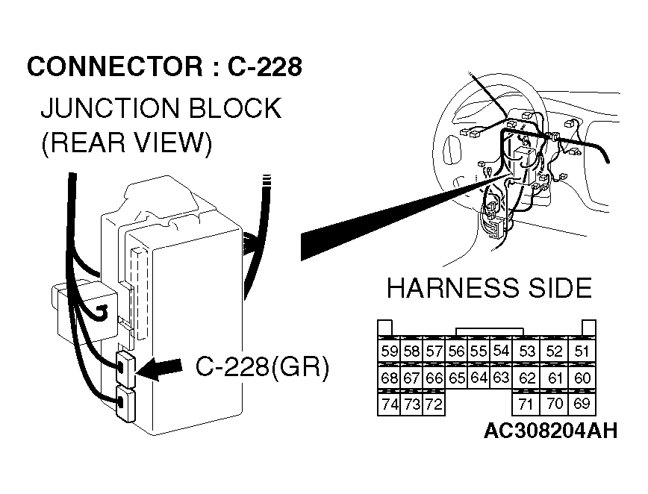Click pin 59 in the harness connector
click(389, 351)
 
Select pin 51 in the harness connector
click(582, 351)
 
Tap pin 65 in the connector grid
click(457, 378)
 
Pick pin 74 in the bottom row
click(389, 405)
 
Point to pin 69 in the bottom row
click(582, 404)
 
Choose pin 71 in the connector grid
click(527, 405)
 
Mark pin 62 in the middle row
click(527, 378)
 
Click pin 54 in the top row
click(501, 351)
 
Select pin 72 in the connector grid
click(434, 405)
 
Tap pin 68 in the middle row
click(389, 378)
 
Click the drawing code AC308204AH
click(550, 431)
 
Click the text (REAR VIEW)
click(126, 143)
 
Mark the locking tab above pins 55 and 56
click(489, 331)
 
